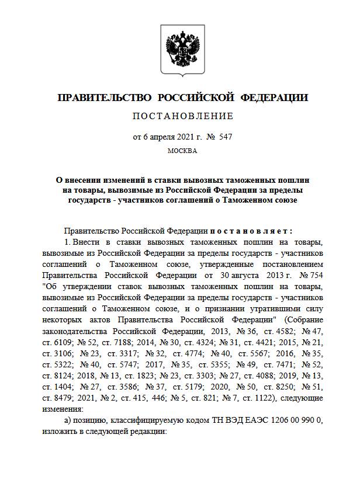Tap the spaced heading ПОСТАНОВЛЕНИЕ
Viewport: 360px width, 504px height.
182,116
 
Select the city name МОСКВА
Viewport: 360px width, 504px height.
182,151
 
